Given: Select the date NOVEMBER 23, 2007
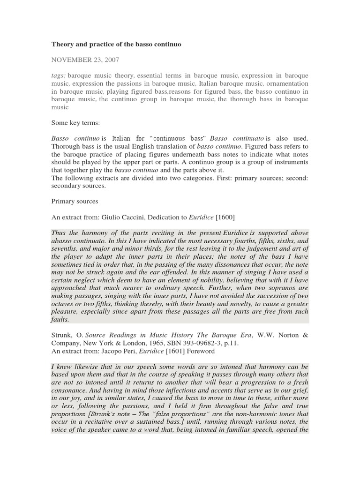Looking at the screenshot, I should tap(85, 60).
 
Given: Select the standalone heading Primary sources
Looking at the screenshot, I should tap(75, 201).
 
